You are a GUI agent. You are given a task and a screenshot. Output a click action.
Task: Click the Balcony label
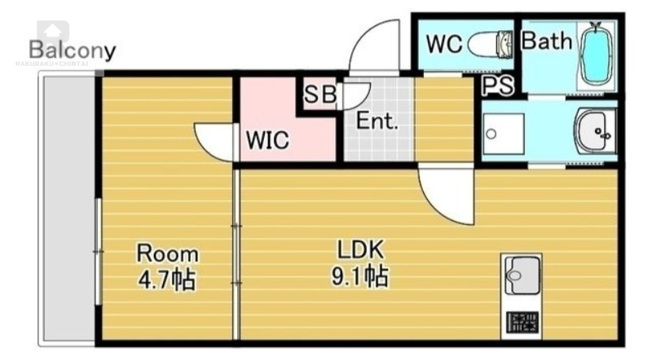(73, 50)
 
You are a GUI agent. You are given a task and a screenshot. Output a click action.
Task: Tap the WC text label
(444, 44)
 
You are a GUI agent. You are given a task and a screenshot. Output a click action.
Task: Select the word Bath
(546, 42)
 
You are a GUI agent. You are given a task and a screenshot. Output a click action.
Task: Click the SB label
(319, 94)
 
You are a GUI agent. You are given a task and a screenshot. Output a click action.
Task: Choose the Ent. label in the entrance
(377, 123)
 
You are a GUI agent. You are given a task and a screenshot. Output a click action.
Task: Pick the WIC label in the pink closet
(267, 141)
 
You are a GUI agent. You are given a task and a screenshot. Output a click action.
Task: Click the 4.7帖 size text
(166, 279)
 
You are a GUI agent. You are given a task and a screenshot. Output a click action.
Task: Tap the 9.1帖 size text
(359, 277)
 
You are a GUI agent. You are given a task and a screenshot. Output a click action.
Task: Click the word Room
(166, 252)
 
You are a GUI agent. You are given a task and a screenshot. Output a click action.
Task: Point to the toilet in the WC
(495, 44)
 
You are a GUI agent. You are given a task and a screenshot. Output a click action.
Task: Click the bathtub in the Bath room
(597, 55)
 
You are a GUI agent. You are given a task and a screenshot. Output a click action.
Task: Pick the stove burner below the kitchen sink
(522, 322)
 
